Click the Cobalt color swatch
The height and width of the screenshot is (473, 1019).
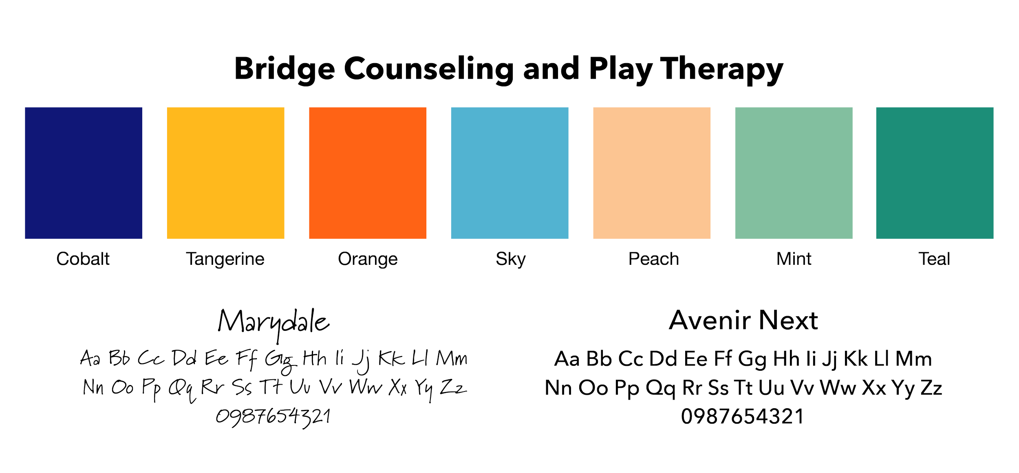84,173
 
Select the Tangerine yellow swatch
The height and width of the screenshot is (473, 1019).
225,173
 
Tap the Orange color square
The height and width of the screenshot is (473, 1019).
368,173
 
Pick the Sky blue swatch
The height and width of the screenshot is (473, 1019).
509,173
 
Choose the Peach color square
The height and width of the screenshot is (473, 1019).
652,173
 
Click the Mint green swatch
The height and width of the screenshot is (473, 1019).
793,173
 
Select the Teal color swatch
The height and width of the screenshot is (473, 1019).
935,173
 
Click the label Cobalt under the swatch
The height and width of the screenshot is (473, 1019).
83,259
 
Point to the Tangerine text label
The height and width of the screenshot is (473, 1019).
225,259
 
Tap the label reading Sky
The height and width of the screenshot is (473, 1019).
511,259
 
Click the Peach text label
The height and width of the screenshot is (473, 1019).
654,259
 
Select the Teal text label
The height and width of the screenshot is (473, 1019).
935,259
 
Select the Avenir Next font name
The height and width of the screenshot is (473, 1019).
743,321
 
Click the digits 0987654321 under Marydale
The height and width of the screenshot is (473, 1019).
273,417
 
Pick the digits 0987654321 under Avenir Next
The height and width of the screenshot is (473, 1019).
742,417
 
